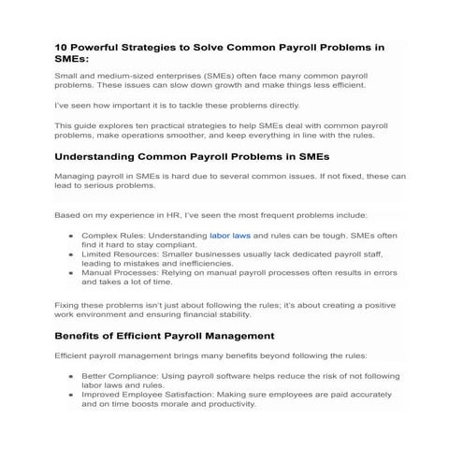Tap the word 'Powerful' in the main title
(104, 46)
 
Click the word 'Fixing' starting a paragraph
(69, 305)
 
